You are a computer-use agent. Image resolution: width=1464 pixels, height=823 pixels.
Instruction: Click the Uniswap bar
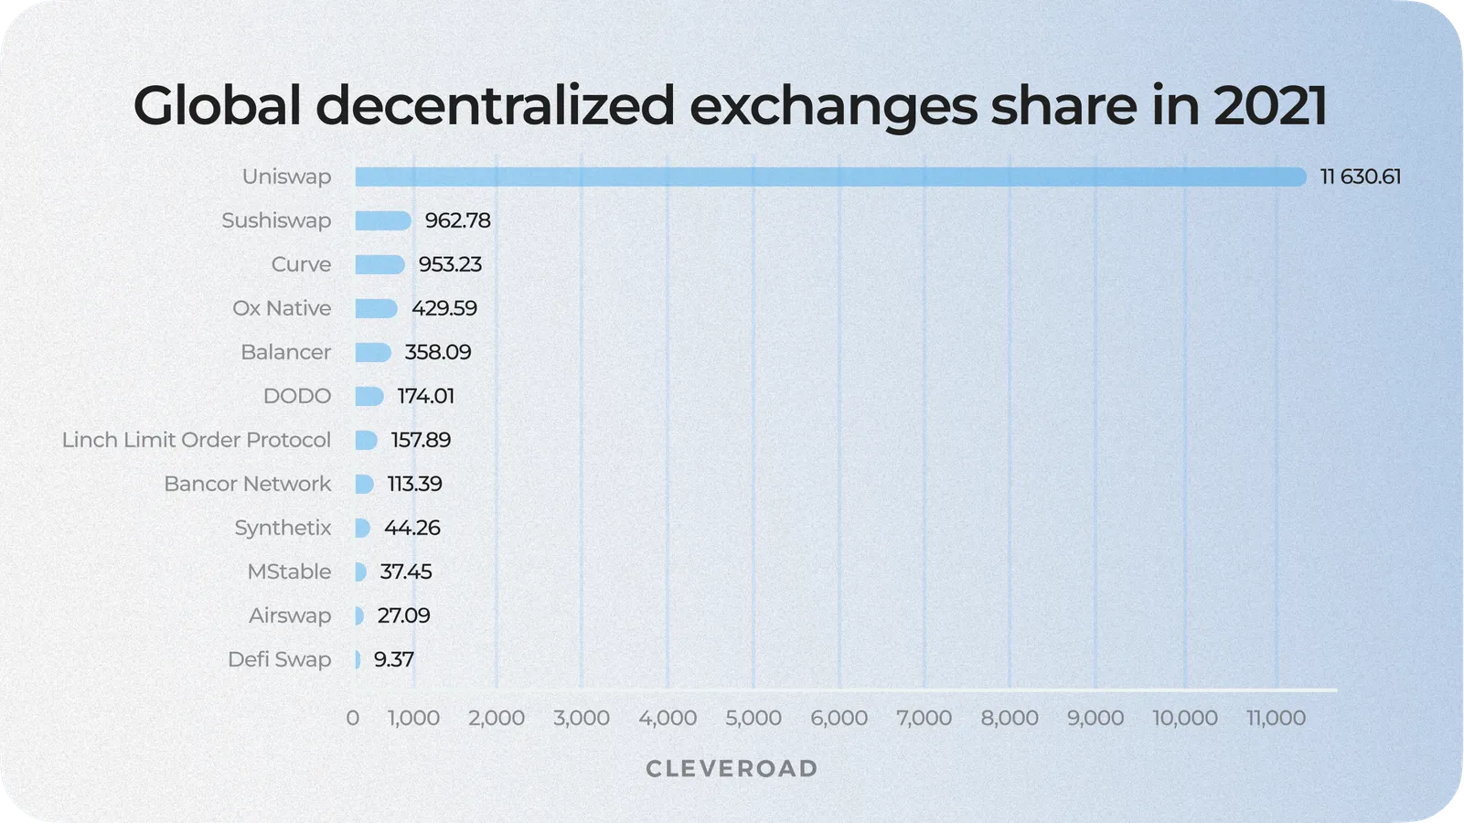point(830,176)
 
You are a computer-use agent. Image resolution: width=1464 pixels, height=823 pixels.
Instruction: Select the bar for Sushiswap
point(383,220)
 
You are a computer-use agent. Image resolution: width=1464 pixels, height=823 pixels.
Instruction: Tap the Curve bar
point(379,264)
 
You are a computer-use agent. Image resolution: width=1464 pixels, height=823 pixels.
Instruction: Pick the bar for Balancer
point(373,352)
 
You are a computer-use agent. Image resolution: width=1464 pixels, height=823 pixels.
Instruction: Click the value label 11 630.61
point(1360,176)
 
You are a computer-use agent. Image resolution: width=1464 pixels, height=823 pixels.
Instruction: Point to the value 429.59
point(444,308)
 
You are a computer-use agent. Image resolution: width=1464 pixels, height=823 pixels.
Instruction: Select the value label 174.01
point(425,396)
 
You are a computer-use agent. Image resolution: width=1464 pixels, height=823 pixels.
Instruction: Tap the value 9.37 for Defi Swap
point(394,659)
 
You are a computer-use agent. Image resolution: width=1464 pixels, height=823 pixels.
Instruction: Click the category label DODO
point(297,396)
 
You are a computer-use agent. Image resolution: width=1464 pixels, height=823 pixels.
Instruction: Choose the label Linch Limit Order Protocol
point(197,440)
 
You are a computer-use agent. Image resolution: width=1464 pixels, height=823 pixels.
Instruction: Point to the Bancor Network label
point(248,484)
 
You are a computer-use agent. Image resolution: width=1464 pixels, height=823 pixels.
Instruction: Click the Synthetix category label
point(283,528)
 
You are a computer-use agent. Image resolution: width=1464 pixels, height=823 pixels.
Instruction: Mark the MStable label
point(289,572)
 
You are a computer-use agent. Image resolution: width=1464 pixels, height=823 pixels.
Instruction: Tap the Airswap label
point(290,615)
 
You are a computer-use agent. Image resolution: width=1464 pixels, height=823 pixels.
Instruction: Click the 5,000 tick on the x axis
point(753,718)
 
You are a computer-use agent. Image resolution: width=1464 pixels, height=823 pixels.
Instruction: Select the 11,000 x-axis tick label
point(1276,718)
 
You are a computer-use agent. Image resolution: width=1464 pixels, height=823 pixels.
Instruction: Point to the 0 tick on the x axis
point(353,718)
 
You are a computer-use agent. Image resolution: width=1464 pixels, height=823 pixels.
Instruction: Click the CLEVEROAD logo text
point(732,769)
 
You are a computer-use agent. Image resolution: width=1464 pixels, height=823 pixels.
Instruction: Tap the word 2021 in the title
point(1270,105)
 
